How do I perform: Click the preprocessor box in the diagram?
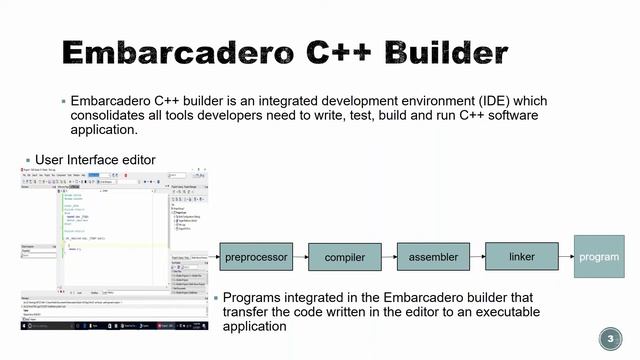[x=256, y=257]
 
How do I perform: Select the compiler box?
[x=345, y=258]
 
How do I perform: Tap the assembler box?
[x=433, y=257]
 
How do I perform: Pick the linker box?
[x=521, y=257]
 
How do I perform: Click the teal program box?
[x=599, y=257]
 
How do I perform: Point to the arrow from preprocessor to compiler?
[x=300, y=257]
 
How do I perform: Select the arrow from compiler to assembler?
[x=389, y=257]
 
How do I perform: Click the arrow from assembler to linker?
[x=477, y=257]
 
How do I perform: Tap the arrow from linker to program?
[x=565, y=257]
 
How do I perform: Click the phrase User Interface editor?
[x=95, y=159]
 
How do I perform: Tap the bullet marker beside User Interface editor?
[x=28, y=160]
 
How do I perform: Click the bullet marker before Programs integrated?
[x=215, y=298]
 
